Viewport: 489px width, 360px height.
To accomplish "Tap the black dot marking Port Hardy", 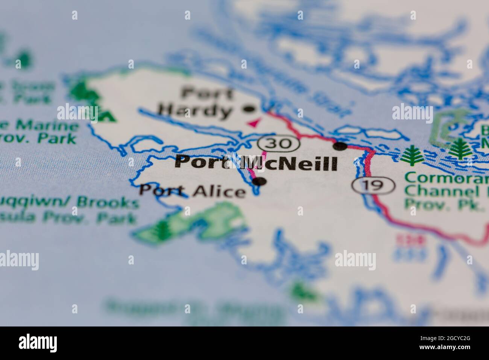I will [x=249, y=110].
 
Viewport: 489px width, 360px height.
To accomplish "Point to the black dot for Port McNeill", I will [x=340, y=146].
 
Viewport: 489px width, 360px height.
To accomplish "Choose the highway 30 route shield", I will [x=279, y=143].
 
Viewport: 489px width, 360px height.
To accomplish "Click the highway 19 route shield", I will [x=373, y=185].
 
